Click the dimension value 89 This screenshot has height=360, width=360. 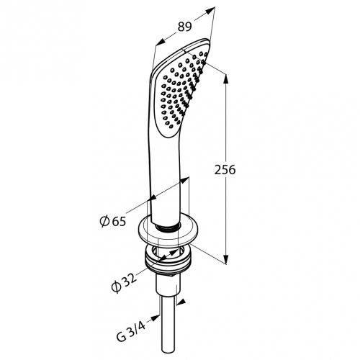(185, 27)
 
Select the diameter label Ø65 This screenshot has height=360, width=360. (113, 221)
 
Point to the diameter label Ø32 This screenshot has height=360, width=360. (124, 282)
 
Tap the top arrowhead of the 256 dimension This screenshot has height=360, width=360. (225, 79)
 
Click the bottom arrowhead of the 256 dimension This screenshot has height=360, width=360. (225, 258)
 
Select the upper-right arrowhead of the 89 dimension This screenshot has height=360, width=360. (210, 11)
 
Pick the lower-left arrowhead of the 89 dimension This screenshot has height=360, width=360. (161, 42)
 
